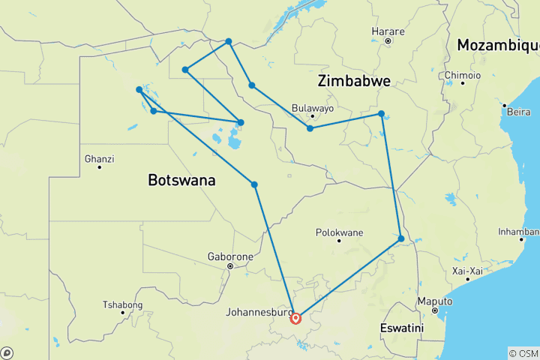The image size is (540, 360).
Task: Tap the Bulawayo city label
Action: (312, 107)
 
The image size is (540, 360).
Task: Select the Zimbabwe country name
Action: (353, 81)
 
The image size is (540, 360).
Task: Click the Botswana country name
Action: (181, 181)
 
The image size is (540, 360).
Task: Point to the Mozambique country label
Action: (497, 45)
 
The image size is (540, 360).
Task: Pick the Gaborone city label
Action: (230, 256)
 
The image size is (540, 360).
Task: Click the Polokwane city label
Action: (338, 232)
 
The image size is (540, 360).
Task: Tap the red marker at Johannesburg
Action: (295, 318)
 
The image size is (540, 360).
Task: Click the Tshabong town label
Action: (122, 304)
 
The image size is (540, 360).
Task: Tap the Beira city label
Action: (518, 111)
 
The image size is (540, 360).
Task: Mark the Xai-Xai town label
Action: (467, 270)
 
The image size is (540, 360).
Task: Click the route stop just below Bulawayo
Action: (310, 128)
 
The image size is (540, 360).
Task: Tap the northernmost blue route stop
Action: (229, 41)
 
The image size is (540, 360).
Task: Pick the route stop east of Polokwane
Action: (401, 239)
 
